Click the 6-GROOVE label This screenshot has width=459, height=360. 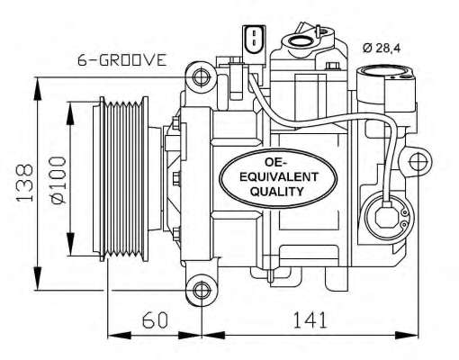121,60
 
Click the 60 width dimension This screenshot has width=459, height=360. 155,319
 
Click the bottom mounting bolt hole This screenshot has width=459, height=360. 200,292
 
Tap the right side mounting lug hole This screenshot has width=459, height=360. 418,163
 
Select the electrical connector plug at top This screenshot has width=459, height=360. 253,39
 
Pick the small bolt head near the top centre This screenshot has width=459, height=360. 333,68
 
